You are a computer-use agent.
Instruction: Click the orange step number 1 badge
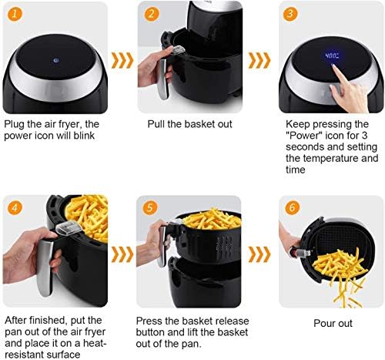coord(15,14)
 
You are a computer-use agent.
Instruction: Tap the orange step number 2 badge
coord(152,14)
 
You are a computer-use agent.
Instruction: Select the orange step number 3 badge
coord(290,14)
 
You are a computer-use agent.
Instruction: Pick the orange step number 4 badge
coord(15,207)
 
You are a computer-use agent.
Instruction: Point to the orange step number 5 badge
coord(150,207)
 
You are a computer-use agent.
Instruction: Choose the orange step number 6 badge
coord(292,207)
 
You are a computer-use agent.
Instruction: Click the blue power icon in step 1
coord(55,61)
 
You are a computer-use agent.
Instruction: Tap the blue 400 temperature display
coord(332,56)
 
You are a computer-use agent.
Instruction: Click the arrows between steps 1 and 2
coord(122,60)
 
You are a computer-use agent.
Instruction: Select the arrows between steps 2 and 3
coord(259,60)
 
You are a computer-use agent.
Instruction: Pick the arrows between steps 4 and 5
coord(122,254)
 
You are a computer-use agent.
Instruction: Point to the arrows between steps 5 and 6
coord(259,254)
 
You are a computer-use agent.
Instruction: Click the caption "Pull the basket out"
coord(189,124)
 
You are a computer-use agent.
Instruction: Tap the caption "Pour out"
coord(333,323)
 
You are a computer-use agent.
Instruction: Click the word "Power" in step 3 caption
coord(304,135)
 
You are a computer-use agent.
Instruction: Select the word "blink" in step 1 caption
coord(84,136)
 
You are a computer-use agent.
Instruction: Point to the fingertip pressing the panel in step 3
coord(334,67)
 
